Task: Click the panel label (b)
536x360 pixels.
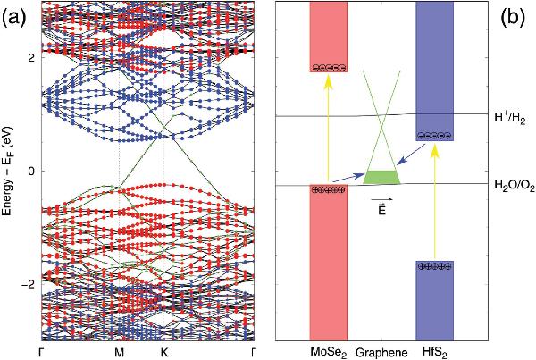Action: tap(515, 15)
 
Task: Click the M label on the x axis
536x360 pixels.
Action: tap(120, 351)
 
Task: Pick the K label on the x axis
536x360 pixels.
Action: tap(163, 351)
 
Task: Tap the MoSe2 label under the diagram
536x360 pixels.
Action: tap(328, 351)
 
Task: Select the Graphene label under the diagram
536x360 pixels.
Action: tap(382, 351)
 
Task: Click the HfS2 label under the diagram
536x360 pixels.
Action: tap(436, 351)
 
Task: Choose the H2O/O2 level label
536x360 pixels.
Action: tap(513, 185)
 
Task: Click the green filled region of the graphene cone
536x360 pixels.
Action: tap(382, 176)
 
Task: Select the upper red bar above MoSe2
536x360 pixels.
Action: tap(328, 36)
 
